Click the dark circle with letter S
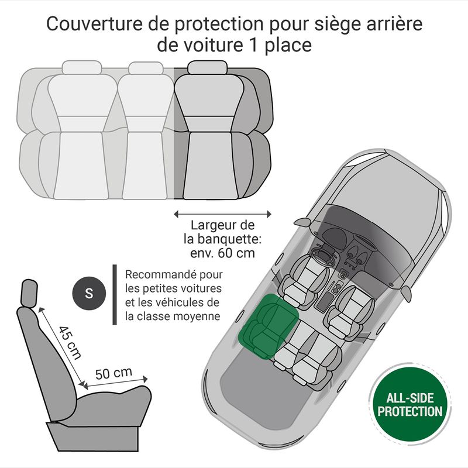click(x=89, y=293)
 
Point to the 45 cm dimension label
click(x=70, y=343)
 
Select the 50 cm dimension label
click(x=113, y=373)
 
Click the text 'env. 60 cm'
click(x=223, y=253)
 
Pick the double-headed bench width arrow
click(x=223, y=214)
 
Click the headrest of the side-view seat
click(x=29, y=294)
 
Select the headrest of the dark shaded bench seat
click(x=208, y=67)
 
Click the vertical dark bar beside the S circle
click(x=115, y=294)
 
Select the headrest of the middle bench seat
click(x=146, y=68)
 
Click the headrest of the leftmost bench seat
click(x=82, y=67)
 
